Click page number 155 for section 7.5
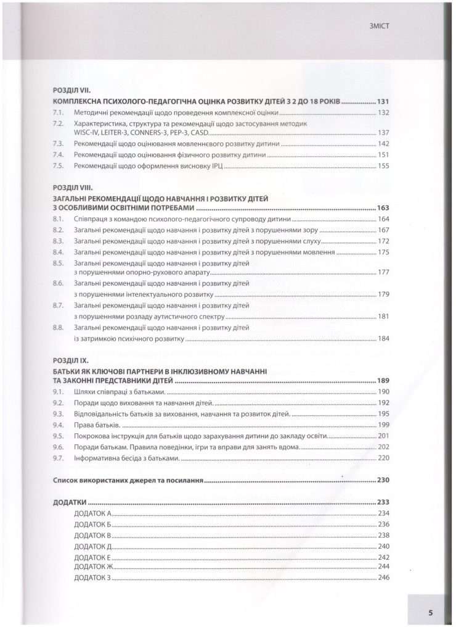(x=385, y=166)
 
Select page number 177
(x=385, y=272)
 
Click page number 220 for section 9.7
(x=385, y=459)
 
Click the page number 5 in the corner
(x=431, y=612)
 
